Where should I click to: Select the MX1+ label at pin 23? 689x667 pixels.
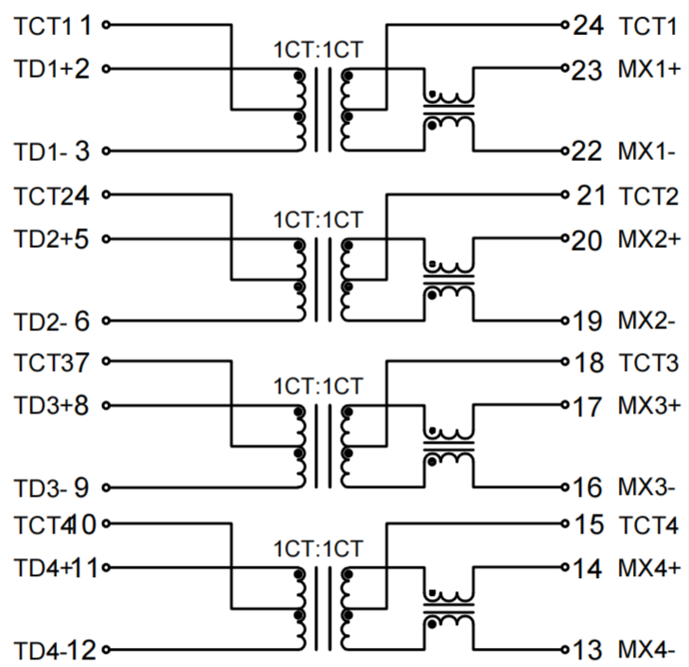(648, 68)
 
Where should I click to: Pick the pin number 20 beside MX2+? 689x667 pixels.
(587, 239)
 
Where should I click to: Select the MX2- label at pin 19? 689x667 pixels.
(646, 322)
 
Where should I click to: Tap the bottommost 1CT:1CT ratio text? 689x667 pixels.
(317, 549)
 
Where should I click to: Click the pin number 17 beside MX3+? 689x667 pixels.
(587, 407)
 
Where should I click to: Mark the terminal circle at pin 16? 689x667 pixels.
(565, 488)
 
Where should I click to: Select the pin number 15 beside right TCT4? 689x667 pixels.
(587, 524)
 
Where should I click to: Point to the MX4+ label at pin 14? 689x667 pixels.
(648, 569)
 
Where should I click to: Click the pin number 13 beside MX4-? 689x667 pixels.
(587, 651)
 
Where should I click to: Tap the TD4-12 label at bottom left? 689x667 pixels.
(55, 651)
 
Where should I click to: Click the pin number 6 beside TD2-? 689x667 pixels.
(81, 322)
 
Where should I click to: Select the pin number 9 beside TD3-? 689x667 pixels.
(81, 488)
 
